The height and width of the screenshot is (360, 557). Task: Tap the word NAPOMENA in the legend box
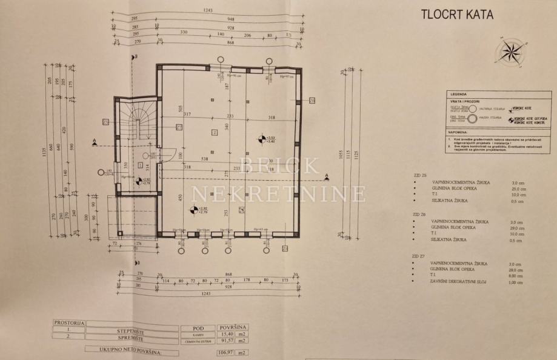tap(459, 132)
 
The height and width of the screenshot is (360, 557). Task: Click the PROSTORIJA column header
tap(69, 324)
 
